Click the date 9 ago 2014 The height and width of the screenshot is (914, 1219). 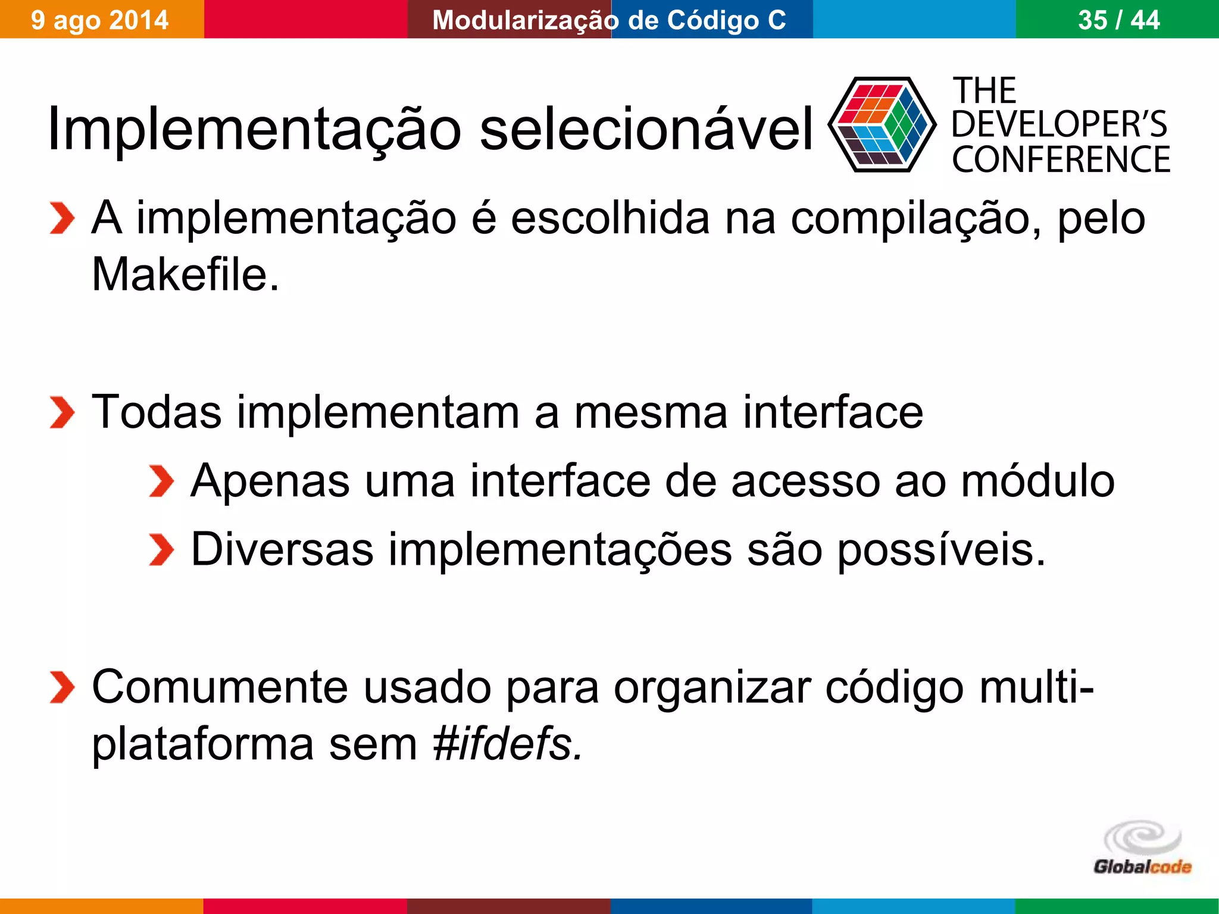pyautogui.click(x=100, y=20)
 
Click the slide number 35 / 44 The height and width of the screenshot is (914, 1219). pyautogui.click(x=1118, y=20)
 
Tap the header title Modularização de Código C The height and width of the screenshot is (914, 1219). pyautogui.click(x=609, y=20)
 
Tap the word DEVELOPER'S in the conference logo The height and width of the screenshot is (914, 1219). pyautogui.click(x=1059, y=124)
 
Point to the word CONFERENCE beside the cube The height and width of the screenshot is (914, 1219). pyautogui.click(x=1061, y=159)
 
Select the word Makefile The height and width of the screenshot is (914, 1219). pyautogui.click(x=185, y=274)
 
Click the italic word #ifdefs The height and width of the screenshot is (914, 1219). pyautogui.click(x=508, y=744)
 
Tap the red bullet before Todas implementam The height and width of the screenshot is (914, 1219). pyautogui.click(x=62, y=412)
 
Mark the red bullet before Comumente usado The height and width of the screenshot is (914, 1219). pyautogui.click(x=62, y=687)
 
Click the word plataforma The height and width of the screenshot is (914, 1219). pyautogui.click(x=202, y=744)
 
